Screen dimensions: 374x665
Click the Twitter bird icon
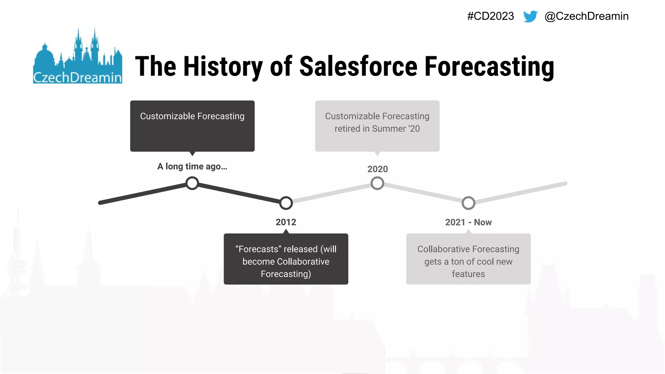point(530,16)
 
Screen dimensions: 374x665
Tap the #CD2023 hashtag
point(490,16)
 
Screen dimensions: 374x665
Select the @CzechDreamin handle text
point(586,16)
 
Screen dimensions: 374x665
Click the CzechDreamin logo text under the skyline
point(78,78)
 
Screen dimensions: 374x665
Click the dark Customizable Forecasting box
point(192,126)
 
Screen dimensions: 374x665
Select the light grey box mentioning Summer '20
point(377,126)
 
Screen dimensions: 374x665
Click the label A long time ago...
point(192,166)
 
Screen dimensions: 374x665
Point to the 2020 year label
point(377,169)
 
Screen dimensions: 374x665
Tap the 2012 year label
point(286,222)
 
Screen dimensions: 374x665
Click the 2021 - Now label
point(468,222)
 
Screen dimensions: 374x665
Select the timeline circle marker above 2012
point(286,203)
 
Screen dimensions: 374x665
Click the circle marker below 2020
point(377,183)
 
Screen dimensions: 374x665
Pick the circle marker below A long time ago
point(192,183)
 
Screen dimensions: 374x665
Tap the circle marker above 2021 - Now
point(468,203)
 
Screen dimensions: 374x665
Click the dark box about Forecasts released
point(286,259)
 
